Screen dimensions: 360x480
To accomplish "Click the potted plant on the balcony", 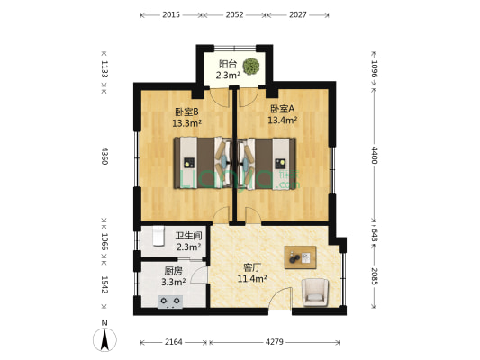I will (x=252, y=66).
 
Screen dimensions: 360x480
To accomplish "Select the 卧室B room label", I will (x=187, y=112).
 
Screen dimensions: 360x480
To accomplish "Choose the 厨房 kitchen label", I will (x=172, y=270).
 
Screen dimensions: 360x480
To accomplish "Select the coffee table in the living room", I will (x=300, y=257).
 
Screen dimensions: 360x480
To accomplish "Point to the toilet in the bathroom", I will (x=156, y=236).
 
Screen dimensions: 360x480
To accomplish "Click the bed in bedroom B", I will (x=200, y=164).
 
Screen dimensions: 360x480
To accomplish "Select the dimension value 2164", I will (x=174, y=342).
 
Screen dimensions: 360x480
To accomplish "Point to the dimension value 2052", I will (x=233, y=14).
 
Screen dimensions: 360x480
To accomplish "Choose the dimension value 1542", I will (x=105, y=283).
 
